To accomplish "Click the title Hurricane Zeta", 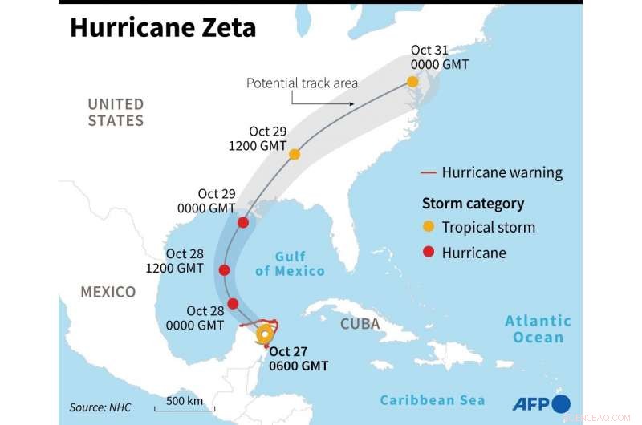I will [x=163, y=27].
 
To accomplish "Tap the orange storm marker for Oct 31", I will [x=412, y=82].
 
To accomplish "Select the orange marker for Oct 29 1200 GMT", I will [x=295, y=154].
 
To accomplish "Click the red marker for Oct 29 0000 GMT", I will [x=243, y=222].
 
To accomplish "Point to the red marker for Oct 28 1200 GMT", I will [x=225, y=270].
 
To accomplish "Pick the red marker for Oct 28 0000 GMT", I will [x=233, y=303].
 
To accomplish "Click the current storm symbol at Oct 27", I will [x=264, y=335].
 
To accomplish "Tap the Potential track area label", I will [x=301, y=83].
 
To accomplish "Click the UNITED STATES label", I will [x=116, y=112].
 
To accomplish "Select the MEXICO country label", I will [x=108, y=292].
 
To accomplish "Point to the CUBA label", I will [x=360, y=324].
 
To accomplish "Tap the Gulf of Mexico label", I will [x=290, y=264].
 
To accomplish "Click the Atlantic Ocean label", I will [x=538, y=329].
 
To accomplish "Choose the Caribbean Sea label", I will [x=433, y=399].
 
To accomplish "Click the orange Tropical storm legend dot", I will [x=429, y=227].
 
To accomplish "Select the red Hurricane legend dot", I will [x=429, y=253].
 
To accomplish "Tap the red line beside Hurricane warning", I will [x=429, y=173].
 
